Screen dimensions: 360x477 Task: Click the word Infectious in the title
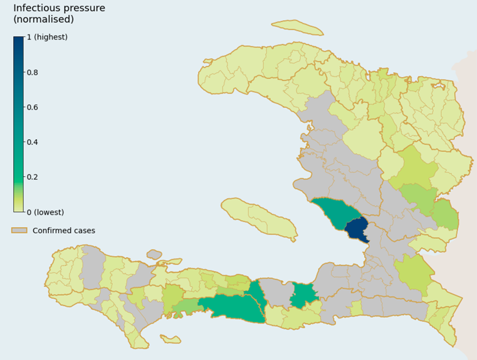pos(36,8)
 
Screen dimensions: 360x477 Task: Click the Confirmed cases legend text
pos(64,230)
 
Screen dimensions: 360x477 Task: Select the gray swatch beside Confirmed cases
pos(19,230)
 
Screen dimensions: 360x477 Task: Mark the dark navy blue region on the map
pos(357,230)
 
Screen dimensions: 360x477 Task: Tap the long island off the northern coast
pos(297,26)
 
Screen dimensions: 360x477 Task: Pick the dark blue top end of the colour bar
pos(19,41)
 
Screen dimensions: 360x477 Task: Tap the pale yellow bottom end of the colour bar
pos(19,208)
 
